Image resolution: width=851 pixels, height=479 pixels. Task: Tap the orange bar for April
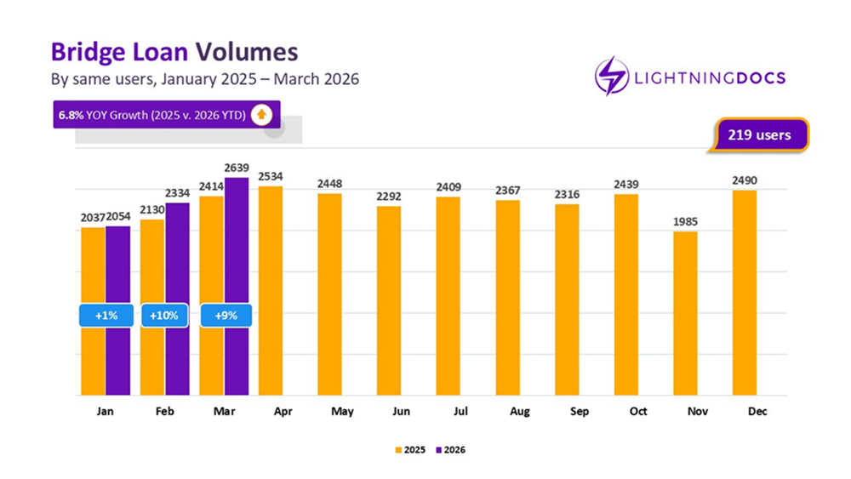271,290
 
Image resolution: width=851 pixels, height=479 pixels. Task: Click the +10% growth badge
163,315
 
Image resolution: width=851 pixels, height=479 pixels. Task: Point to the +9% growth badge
226,315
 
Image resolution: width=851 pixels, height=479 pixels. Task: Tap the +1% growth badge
106,315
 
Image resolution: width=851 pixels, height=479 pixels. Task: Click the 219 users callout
759,134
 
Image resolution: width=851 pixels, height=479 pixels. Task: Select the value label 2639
237,168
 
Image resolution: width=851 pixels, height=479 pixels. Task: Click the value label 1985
684,222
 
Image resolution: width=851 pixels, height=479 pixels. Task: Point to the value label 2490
744,180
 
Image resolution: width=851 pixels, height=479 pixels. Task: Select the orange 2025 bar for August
507,298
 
